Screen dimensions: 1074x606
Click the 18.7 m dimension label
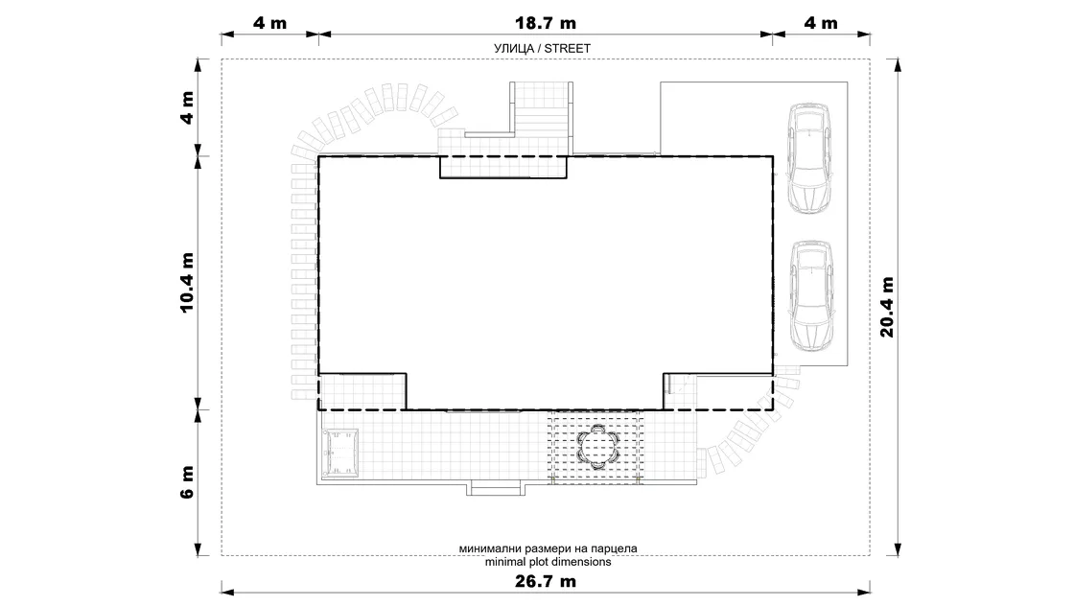coord(546,23)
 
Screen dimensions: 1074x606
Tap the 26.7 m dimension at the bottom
coord(546,581)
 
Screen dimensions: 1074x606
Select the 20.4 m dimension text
coord(887,307)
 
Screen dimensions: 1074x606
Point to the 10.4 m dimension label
coord(187,283)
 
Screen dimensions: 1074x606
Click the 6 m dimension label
coord(187,482)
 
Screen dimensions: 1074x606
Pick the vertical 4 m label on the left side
coord(187,107)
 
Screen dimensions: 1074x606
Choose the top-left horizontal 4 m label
coord(269,23)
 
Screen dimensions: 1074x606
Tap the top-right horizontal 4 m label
coord(821,23)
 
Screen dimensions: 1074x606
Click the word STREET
coord(567,49)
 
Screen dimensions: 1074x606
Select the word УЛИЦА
coord(514,49)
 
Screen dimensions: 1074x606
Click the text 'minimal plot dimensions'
coord(548,562)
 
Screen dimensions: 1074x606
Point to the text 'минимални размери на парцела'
coord(548,548)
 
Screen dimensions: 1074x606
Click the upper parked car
coord(809,159)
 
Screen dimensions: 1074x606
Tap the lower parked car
coord(811,296)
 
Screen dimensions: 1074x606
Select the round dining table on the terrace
coord(598,447)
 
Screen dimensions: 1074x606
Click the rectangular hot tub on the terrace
coord(340,453)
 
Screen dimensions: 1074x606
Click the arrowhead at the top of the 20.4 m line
coord(898,65)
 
